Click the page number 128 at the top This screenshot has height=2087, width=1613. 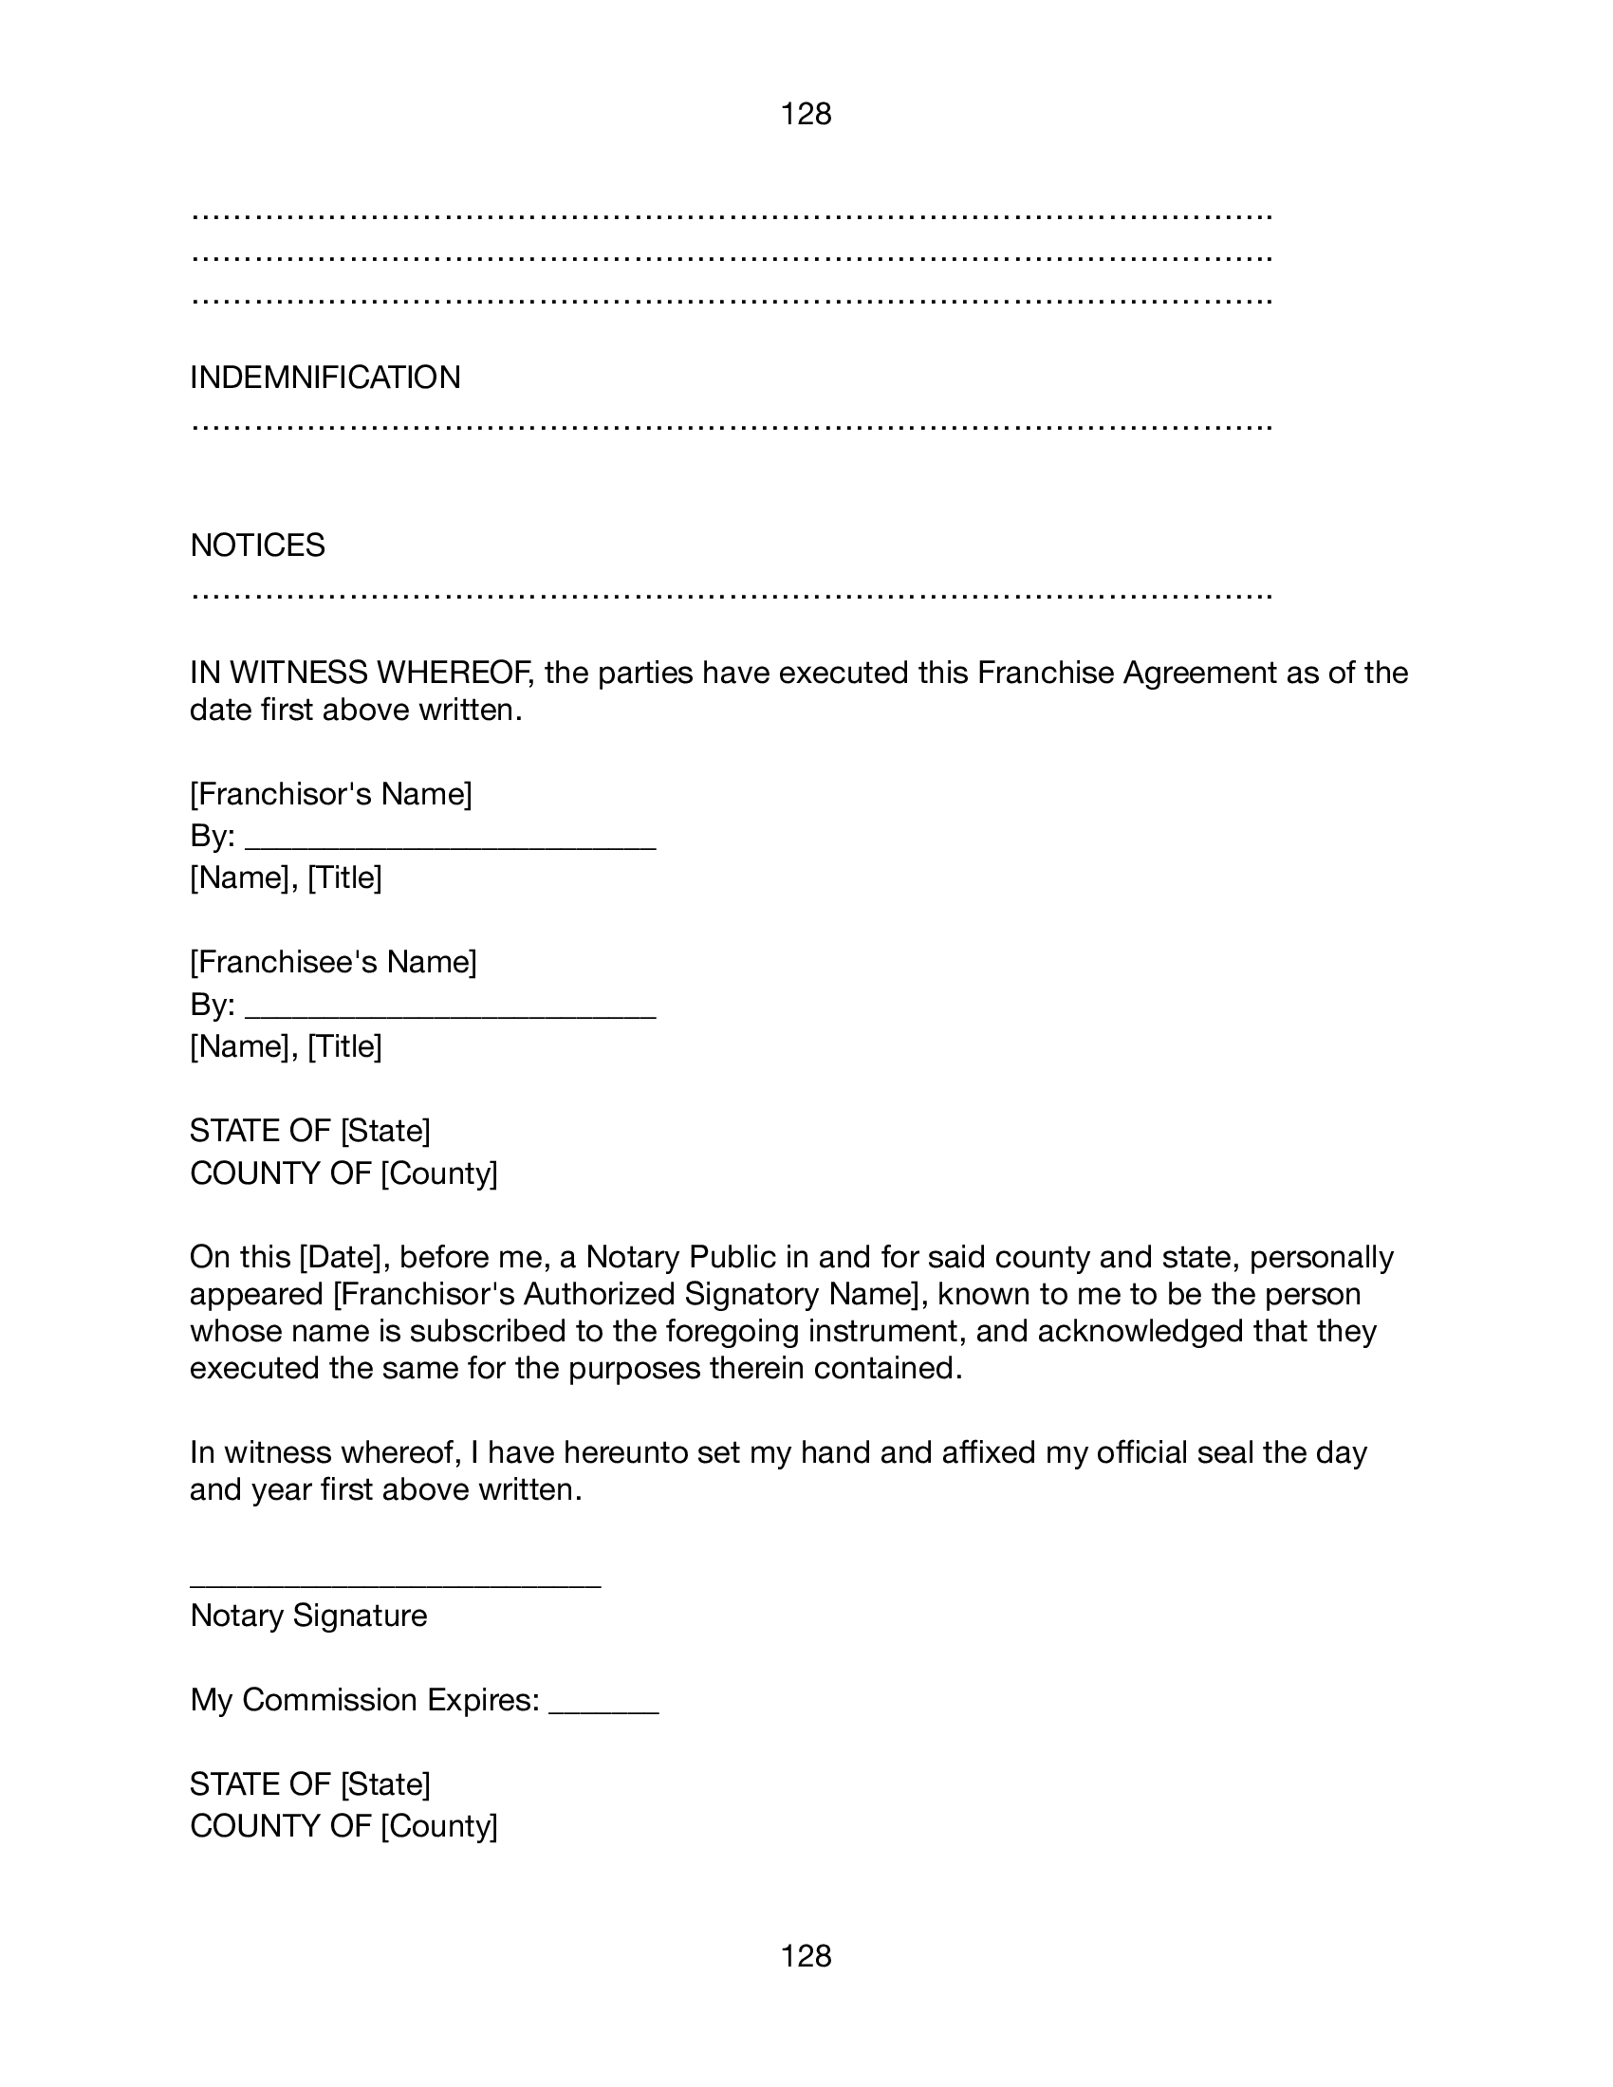[x=806, y=115]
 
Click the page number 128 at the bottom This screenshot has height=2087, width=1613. [x=806, y=1956]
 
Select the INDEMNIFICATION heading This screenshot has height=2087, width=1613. [x=324, y=378]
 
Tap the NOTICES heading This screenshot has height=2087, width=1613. [x=258, y=545]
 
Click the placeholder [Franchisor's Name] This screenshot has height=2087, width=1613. [x=331, y=794]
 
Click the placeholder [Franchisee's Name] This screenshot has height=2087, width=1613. [x=333, y=962]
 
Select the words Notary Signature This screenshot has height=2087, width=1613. [x=308, y=1616]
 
